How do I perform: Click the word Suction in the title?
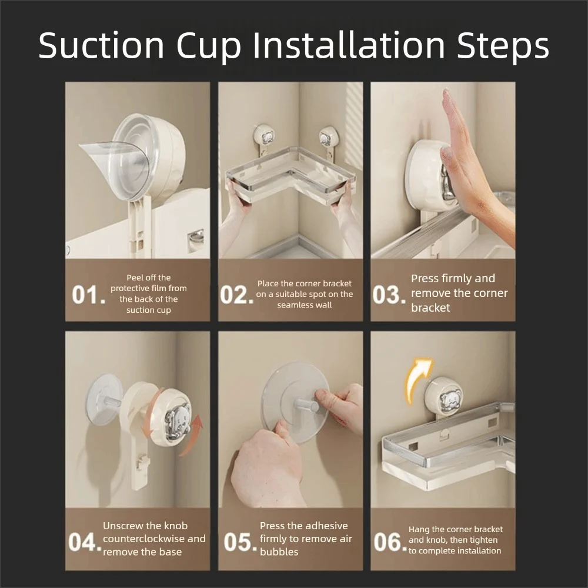tap(101, 45)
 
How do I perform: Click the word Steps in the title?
tap(503, 46)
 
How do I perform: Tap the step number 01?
tap(89, 295)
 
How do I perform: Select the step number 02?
tap(236, 295)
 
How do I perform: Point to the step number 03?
tap(389, 295)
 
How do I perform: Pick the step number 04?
tap(85, 542)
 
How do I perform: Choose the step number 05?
tap(240, 542)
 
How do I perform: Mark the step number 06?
tap(390, 542)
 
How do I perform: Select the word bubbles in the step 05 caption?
tap(279, 552)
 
